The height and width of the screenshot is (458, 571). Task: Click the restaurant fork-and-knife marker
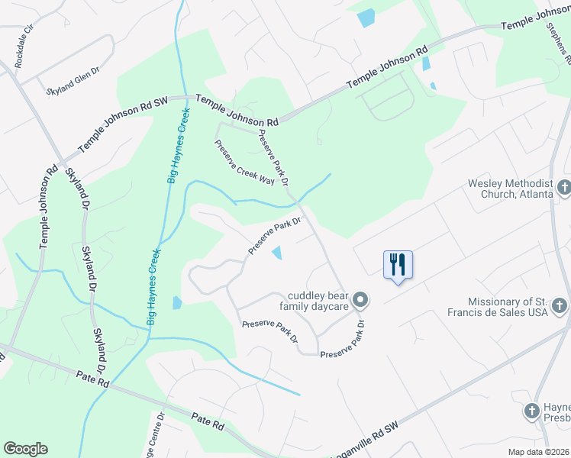(x=398, y=265)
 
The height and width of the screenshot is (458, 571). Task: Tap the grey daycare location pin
(x=361, y=301)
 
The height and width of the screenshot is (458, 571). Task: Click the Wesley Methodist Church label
(x=510, y=189)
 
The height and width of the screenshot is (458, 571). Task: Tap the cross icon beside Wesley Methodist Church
(x=564, y=187)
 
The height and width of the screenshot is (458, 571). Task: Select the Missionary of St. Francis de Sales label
(x=508, y=307)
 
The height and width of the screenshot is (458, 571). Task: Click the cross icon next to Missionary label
(x=560, y=306)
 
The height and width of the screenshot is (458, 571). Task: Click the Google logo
(x=25, y=449)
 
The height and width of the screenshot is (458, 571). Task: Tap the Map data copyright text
(x=539, y=452)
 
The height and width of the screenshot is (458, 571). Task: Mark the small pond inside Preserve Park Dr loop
(x=277, y=253)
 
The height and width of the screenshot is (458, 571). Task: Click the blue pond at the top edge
(x=366, y=18)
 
